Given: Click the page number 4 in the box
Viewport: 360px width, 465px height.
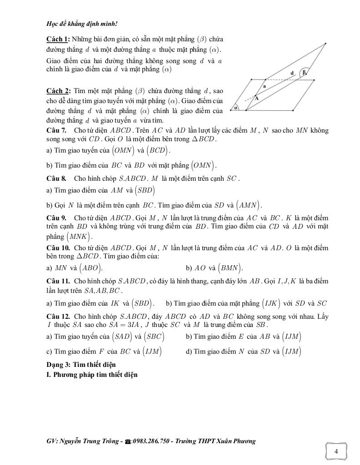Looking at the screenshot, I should click(x=336, y=451).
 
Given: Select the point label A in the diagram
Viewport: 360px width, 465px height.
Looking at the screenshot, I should click(x=256, y=98).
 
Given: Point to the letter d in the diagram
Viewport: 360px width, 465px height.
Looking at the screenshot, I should click(x=292, y=73).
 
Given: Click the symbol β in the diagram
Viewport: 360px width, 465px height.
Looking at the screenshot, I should click(x=305, y=71).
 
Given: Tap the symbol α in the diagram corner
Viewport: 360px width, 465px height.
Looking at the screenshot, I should click(x=236, y=108).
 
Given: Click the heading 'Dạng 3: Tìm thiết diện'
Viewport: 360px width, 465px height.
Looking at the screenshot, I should click(x=81, y=365).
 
